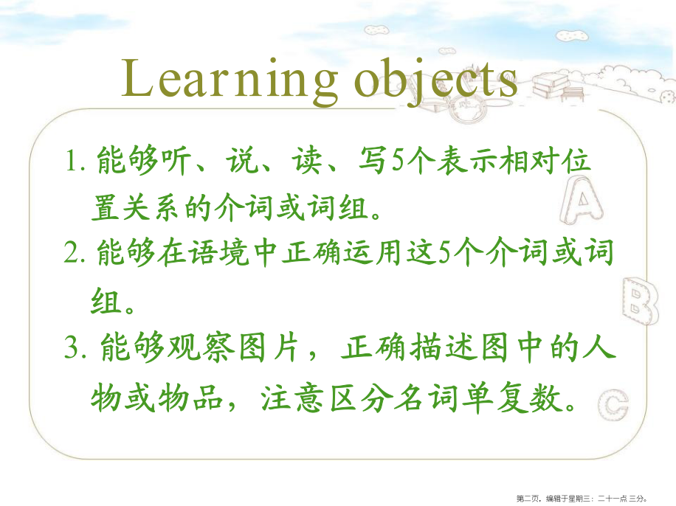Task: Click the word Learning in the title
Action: click(x=230, y=80)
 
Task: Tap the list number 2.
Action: click(x=74, y=252)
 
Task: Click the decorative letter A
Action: click(x=582, y=201)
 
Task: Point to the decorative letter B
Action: click(x=641, y=301)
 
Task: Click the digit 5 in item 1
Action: click(x=398, y=160)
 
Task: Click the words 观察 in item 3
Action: click(x=201, y=347)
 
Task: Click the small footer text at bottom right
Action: click(x=582, y=499)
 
